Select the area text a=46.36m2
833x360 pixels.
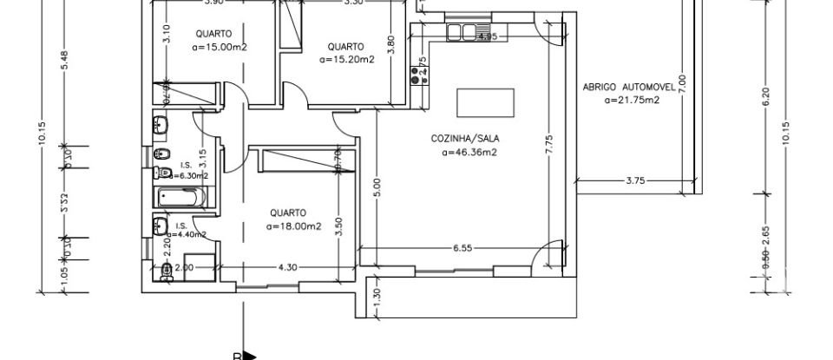tap(469, 153)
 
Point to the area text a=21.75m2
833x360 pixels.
tap(632, 101)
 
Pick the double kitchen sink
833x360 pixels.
tap(463, 33)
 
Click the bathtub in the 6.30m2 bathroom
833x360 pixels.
tap(181, 197)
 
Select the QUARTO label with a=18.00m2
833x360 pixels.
tap(286, 212)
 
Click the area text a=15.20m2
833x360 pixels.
tap(346, 60)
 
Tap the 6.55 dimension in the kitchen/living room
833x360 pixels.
tap(462, 248)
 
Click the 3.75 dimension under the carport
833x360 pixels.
tap(636, 180)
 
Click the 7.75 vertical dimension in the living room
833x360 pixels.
tap(548, 144)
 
